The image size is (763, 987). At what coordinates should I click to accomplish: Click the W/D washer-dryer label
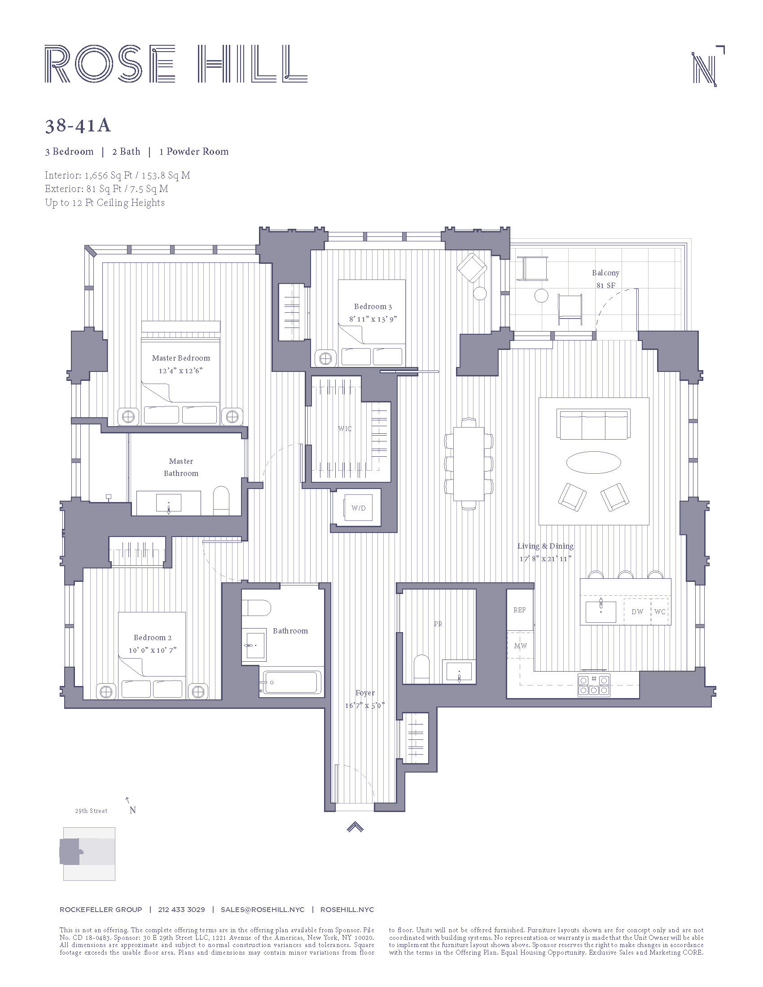tap(358, 508)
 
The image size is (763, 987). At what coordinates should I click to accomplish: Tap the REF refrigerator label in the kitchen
tap(519, 610)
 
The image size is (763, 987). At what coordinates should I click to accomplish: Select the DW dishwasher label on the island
tap(637, 612)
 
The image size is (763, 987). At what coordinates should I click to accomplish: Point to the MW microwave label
tap(520, 646)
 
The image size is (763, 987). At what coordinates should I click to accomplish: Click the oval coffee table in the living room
tap(593, 462)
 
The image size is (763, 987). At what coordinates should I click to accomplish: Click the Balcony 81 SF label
tap(605, 279)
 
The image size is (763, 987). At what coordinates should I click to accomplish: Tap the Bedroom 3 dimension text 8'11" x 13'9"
tap(373, 319)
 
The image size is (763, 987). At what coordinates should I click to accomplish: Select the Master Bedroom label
tap(181, 358)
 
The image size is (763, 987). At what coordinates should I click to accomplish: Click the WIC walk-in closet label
tap(344, 428)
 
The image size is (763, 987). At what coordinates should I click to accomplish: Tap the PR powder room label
tap(438, 624)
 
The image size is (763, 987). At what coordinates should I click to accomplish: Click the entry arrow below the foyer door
tap(355, 826)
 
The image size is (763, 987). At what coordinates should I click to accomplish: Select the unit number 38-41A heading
tap(78, 126)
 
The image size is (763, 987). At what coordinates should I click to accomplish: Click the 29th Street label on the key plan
tap(91, 811)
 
